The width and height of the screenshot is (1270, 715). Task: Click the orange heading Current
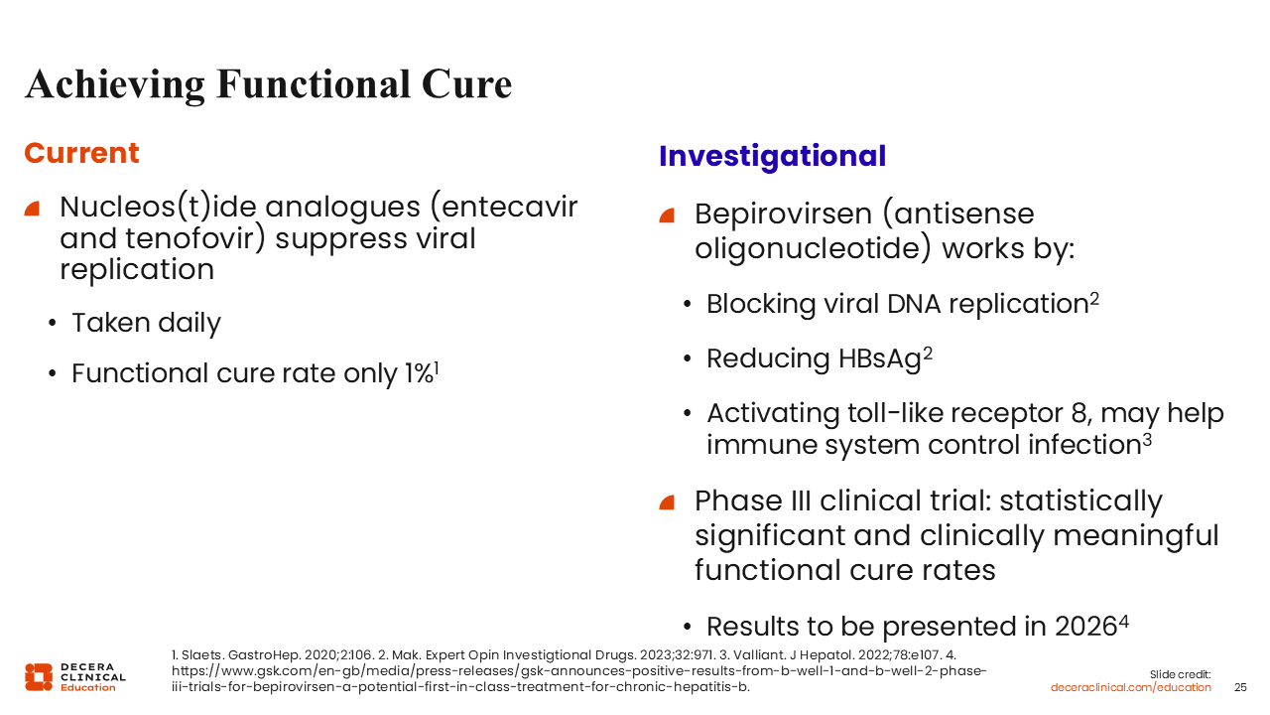click(81, 153)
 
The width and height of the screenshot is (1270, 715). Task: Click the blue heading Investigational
click(772, 157)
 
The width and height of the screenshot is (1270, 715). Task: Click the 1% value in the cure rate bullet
click(419, 373)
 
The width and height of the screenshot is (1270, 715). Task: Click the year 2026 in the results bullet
click(1085, 627)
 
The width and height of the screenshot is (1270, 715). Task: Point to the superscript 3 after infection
click(1147, 440)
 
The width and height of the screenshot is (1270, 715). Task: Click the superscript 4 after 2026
click(1124, 623)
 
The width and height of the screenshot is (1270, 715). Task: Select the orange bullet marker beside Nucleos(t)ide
click(33, 209)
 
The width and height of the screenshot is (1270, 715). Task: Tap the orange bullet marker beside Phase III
click(667, 502)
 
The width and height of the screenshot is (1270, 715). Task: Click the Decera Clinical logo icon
click(39, 677)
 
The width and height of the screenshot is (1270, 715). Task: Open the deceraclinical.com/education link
click(1130, 688)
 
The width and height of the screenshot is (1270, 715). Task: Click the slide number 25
click(1240, 688)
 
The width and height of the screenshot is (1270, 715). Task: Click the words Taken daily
click(146, 324)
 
